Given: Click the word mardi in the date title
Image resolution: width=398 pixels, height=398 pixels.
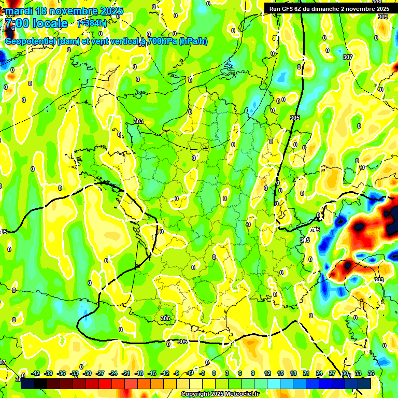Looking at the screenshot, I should pos(18,11).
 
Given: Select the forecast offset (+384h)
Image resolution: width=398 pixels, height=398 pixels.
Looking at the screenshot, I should pos(92,23).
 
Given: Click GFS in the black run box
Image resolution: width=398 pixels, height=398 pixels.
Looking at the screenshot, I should pos(292,9).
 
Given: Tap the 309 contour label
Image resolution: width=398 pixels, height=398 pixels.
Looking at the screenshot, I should pos(382,17).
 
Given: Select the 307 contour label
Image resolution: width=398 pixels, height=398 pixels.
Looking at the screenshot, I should pos(348,57).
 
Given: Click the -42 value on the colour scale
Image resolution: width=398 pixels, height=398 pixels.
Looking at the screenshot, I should pos(36,373).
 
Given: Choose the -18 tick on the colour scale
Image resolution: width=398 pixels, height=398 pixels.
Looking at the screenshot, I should pos(139,373).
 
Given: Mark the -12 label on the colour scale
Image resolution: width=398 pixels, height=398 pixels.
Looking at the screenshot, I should pos(165,373).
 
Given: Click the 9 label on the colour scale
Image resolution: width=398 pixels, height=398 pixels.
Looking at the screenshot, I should pos(253,373).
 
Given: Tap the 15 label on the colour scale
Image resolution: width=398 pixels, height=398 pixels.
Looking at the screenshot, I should pos(280,373).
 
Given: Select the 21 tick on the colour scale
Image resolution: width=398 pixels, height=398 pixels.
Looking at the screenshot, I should pos(306,373).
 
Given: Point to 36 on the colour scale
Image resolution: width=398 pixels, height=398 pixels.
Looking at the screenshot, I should pos(371,373).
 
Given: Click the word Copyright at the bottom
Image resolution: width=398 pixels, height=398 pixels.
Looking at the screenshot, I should pos(195,394).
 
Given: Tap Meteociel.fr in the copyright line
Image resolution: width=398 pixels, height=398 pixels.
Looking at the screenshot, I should pos(242,394).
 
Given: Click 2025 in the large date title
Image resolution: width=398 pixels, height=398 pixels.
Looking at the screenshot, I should pos(110,11).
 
